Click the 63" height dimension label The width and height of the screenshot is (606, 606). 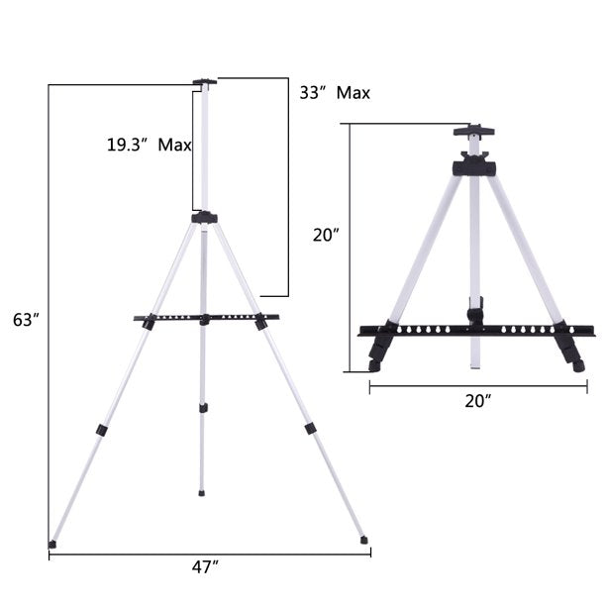click(x=26, y=319)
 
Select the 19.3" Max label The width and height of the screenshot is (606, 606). click(x=149, y=145)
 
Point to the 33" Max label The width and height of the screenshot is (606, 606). click(x=335, y=93)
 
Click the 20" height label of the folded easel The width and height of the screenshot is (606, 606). click(x=326, y=236)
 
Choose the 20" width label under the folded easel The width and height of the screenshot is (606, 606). click(x=478, y=401)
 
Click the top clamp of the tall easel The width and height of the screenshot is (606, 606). click(x=205, y=82)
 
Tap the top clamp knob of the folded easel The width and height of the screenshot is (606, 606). click(x=473, y=131)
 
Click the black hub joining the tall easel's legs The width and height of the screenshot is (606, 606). click(x=204, y=217)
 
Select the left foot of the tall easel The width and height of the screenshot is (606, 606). click(x=52, y=543)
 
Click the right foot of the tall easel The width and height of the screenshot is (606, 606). click(x=363, y=540)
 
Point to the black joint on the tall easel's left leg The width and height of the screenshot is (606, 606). click(x=101, y=430)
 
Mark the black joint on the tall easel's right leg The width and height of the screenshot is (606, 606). click(x=310, y=428)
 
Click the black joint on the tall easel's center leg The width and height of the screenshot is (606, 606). click(x=202, y=406)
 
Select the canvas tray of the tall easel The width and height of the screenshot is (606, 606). click(x=206, y=319)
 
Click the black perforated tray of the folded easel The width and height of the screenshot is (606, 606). click(x=475, y=330)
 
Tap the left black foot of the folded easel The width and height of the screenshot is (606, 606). click(x=379, y=350)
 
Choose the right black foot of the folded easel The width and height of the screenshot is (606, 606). click(x=567, y=349)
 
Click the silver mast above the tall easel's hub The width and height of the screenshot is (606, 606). click(x=205, y=149)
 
